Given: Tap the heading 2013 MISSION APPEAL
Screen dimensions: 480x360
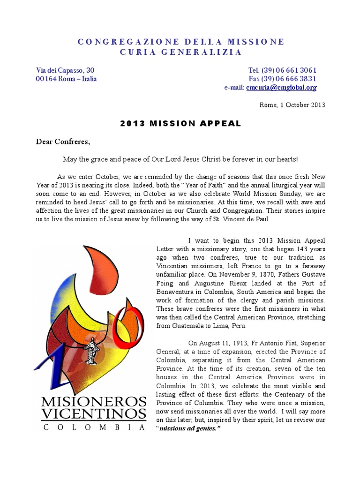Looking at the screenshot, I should click(x=180, y=124).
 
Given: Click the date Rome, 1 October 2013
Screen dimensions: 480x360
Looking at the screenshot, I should click(x=292, y=105).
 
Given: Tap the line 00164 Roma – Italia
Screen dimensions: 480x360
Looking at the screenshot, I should click(x=66, y=79).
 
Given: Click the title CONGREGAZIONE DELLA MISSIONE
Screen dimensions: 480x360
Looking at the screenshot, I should click(x=180, y=42).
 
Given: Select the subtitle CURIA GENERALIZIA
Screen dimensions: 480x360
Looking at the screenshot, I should click(x=180, y=52).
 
